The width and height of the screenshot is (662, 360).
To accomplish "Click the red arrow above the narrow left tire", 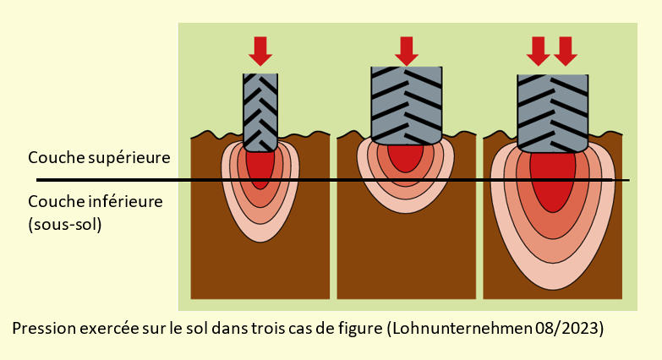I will [260, 51].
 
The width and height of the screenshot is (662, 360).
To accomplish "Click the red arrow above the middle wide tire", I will [407, 51].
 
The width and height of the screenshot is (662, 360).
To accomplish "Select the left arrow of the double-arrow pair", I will [538, 51].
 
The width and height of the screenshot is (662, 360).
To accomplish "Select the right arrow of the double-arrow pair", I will [566, 51].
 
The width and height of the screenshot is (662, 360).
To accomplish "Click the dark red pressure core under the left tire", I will [260, 166].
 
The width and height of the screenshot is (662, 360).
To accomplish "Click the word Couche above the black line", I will [52, 158].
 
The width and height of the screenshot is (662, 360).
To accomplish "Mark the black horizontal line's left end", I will [37, 180].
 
